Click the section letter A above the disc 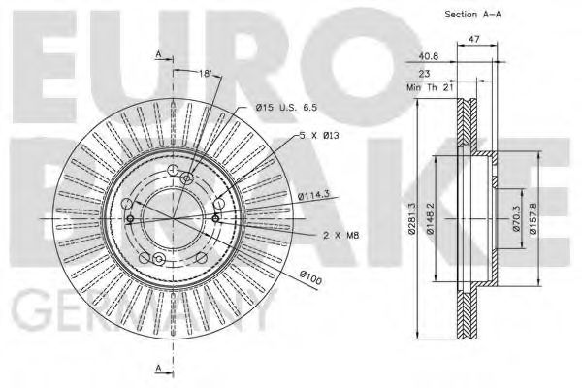point(158,55)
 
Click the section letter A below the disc point(158,368)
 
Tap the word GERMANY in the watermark point(145,315)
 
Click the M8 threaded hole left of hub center point(130,219)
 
